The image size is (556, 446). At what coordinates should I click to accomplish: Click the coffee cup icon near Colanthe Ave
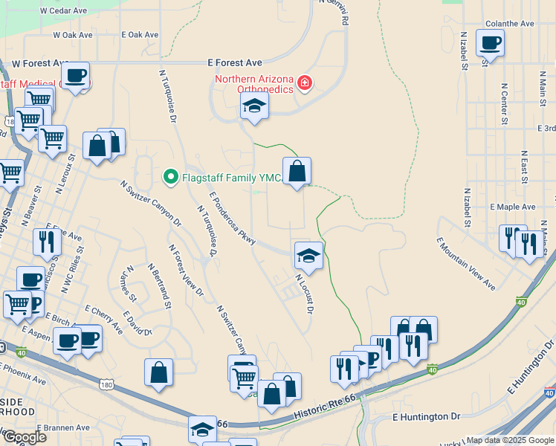coord(490,43)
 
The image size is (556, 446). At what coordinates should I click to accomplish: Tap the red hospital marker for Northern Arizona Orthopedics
coord(304,83)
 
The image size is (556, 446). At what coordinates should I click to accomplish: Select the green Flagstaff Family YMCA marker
coord(170,177)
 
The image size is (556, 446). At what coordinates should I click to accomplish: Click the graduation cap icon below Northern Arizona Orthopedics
coord(254,107)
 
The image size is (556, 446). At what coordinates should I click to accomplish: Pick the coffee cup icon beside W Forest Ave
coord(75,75)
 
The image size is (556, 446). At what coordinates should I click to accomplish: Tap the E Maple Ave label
coord(512,207)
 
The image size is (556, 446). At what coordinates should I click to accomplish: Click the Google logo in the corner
coord(25,436)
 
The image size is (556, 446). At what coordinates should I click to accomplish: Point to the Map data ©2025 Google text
coord(509,440)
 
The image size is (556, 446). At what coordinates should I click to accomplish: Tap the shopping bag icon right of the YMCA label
coord(297,172)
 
